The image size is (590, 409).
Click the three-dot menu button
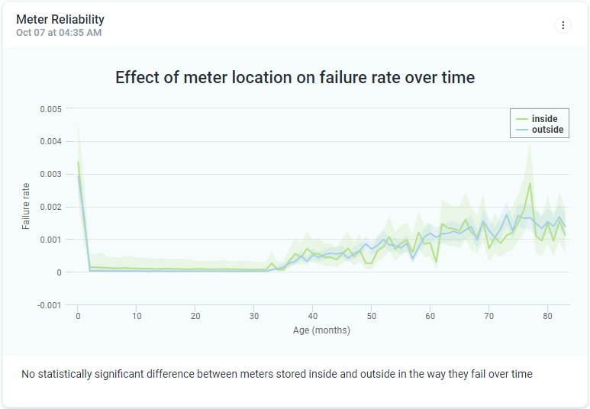click(563, 25)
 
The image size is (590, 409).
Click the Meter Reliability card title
click(60, 19)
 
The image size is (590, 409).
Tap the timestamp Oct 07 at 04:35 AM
click(59, 33)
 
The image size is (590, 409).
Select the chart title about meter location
click(295, 77)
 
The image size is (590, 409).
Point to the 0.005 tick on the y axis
click(50, 109)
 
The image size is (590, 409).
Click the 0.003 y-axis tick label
click(50, 175)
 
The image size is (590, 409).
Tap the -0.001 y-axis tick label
click(50, 305)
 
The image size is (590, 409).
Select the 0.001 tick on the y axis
click(50, 240)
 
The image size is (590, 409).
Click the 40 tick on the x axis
click(313, 316)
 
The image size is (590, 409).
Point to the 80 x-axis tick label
click(547, 316)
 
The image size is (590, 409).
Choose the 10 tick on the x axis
click(137, 316)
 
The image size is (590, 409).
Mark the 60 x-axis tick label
click(430, 316)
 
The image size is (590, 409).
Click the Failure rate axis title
click(26, 206)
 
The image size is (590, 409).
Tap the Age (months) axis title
click(321, 330)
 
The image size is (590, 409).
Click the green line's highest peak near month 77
click(530, 183)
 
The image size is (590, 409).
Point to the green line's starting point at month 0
click(78, 162)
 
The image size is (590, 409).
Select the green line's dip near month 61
click(436, 262)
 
